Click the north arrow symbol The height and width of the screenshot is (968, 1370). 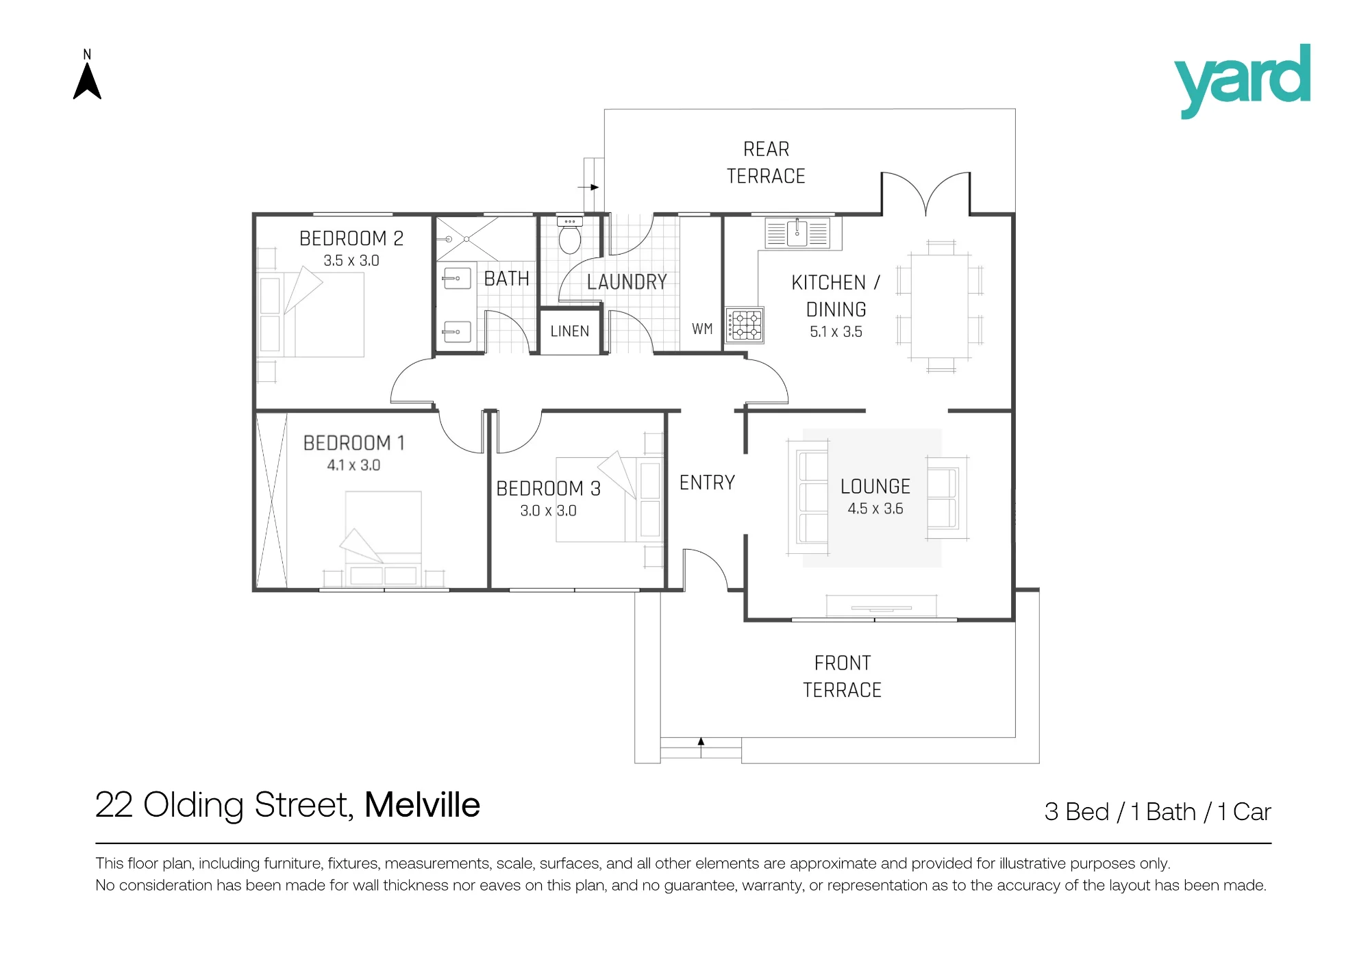point(87,81)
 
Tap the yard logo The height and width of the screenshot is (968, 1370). point(1242,81)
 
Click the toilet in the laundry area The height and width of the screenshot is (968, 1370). point(570,235)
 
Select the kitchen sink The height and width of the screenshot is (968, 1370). point(797,233)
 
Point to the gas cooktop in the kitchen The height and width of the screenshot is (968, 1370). point(745,324)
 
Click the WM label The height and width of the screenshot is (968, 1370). point(702,329)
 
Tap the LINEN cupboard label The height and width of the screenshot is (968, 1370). point(570,331)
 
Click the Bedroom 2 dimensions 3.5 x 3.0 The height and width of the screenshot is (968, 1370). point(351,261)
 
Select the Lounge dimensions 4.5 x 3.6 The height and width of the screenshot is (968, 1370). point(875,509)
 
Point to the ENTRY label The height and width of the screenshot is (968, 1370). point(707,483)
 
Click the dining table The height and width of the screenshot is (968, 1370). point(940,307)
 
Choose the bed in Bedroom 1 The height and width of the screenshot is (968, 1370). point(384,538)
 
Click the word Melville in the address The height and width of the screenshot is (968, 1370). point(422,805)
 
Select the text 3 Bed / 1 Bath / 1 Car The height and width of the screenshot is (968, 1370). point(1158,812)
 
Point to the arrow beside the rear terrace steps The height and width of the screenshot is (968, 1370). point(588,187)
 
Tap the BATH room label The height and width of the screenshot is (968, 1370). point(507,279)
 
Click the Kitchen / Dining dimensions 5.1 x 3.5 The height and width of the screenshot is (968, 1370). point(836,332)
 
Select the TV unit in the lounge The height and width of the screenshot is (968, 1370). point(881,607)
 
